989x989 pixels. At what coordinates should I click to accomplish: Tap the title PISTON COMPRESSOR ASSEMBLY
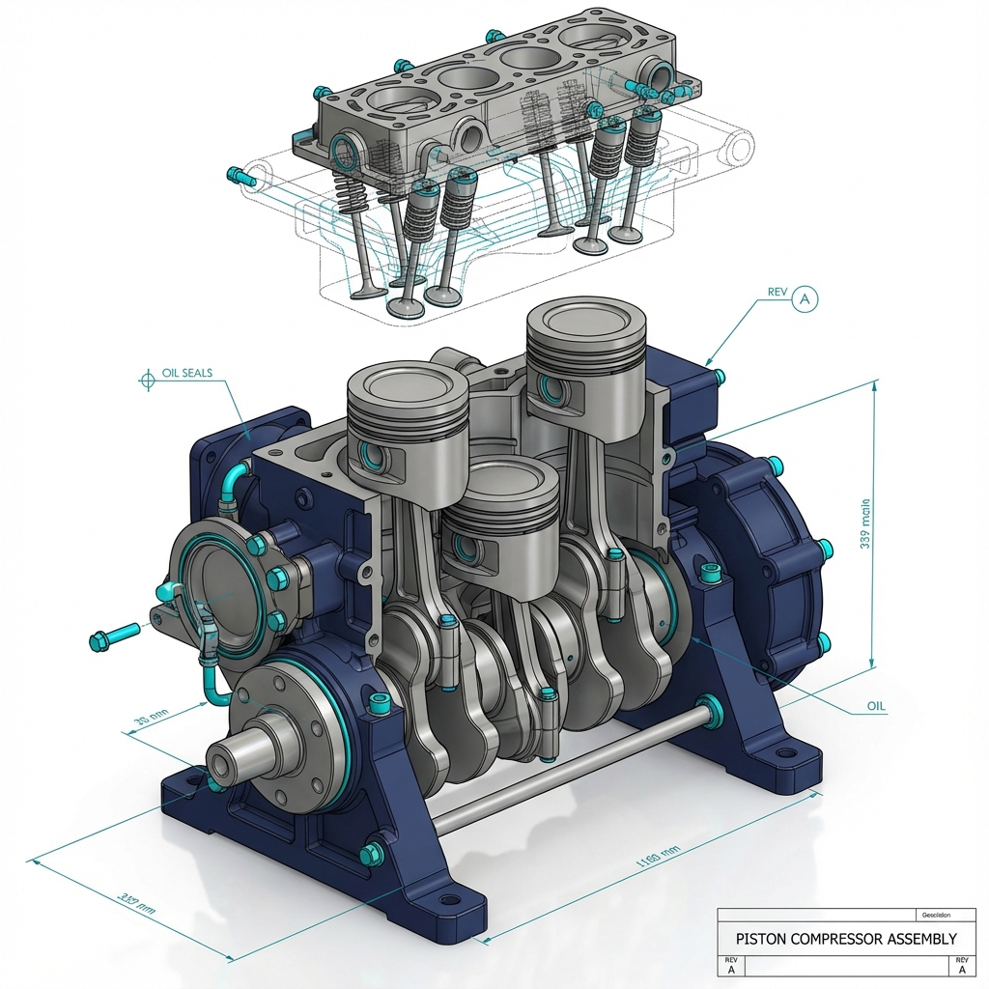pos(846,938)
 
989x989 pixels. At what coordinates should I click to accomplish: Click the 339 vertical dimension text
pos(866,522)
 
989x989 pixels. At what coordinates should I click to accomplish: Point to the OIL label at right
pos(875,706)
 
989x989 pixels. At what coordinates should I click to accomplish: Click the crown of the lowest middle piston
pos(498,479)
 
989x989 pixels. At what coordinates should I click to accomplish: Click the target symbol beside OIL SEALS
pos(147,380)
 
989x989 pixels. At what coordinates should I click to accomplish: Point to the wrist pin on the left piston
pos(369,454)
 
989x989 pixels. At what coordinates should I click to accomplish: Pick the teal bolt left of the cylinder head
pos(238,176)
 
